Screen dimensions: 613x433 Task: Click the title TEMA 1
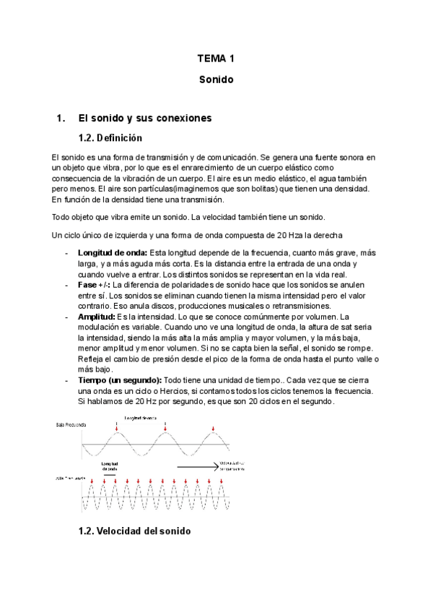[216, 59]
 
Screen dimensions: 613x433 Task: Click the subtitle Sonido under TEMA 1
[216, 80]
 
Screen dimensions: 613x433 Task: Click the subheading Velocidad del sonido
[134, 531]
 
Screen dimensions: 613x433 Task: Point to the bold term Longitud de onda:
[112, 252]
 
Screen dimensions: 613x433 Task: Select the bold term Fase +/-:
[93, 285]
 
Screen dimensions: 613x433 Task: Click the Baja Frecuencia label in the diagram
[70, 426]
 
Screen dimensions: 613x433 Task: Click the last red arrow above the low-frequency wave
[213, 431]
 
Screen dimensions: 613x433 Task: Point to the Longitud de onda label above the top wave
[141, 418]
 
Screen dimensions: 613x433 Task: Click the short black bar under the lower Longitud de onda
[110, 475]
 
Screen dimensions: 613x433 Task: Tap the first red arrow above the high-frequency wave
[92, 481]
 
